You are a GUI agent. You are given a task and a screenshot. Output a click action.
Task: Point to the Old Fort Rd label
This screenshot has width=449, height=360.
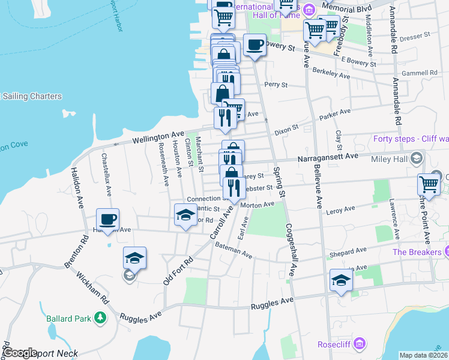[178, 269]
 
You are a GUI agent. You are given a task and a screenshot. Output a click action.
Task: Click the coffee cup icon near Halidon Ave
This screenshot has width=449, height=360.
[108, 219]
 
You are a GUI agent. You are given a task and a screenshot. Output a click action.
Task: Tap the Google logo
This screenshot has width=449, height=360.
[20, 353]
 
